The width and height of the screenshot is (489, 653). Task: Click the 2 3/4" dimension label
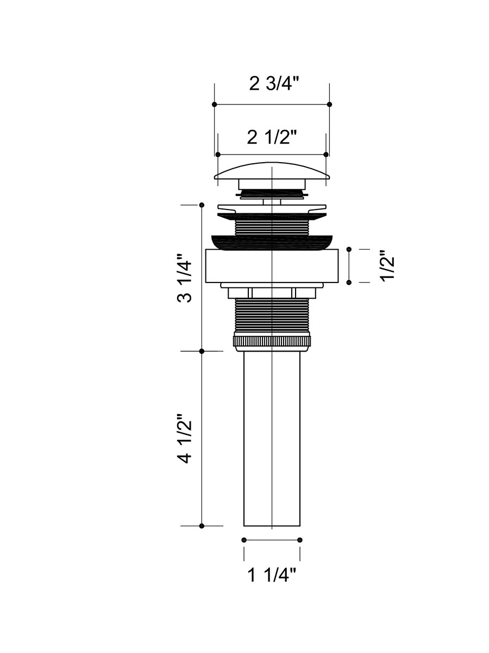(x=273, y=84)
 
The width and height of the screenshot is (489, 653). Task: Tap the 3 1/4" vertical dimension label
(x=184, y=278)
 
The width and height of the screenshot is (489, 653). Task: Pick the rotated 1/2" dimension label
(x=387, y=266)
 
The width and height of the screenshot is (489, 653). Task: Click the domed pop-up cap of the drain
(x=272, y=171)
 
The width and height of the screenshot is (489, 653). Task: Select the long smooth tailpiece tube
(x=272, y=439)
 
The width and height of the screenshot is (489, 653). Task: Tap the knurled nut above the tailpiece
(x=272, y=341)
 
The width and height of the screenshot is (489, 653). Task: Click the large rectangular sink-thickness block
(x=272, y=266)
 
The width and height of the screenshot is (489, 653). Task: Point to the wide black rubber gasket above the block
(x=272, y=243)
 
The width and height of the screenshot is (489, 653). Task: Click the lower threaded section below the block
(x=272, y=316)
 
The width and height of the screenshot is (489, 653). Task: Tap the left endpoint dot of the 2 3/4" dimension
(x=215, y=104)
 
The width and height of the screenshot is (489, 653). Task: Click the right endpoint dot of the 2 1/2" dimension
(x=326, y=155)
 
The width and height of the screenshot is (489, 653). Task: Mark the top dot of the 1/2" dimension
(x=349, y=249)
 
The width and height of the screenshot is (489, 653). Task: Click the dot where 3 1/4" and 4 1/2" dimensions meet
(x=202, y=352)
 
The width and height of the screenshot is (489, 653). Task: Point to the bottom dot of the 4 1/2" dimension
(x=202, y=526)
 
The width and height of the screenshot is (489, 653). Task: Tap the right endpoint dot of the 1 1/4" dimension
(x=300, y=540)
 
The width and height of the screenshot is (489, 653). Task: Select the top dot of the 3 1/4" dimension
(x=202, y=205)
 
